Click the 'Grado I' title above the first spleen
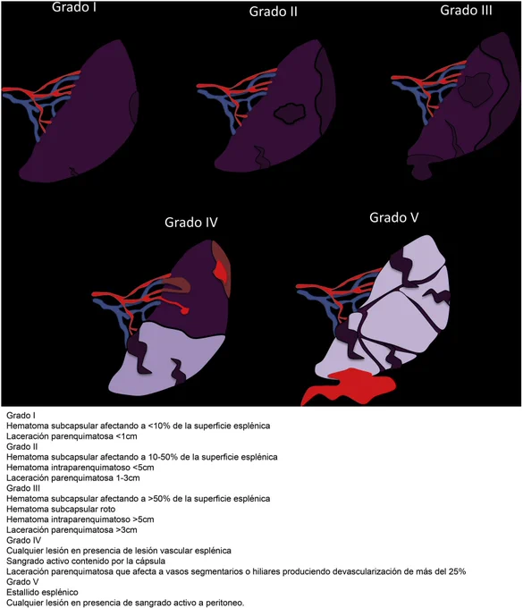pos(74,7)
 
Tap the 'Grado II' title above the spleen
pos(273,12)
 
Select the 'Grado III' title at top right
pos(466,10)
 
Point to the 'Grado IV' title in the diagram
pos(191,222)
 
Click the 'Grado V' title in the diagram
pos(394,217)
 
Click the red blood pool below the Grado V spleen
pos(349,386)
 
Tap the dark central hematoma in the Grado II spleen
pos(290,114)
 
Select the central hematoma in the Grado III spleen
pos(475,89)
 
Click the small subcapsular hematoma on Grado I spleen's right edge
pos(134,106)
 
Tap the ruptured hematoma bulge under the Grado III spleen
pos(424,166)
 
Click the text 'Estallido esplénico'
pos(42,592)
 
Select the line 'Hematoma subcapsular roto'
pos(61,509)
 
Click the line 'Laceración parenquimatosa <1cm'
pos(72,436)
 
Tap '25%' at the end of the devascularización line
pos(457,571)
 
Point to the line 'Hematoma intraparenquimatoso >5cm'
pos(80,519)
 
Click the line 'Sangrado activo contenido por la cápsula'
pos(86,561)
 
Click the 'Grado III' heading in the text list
pos(23,488)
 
